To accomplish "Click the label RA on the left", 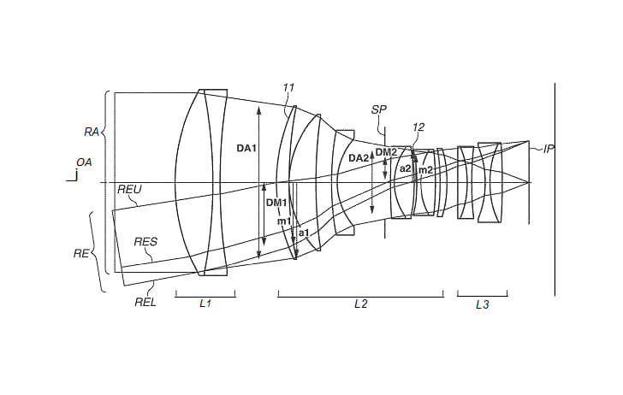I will click(x=91, y=132).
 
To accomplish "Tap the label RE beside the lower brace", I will click(x=81, y=253).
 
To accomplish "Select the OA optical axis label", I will click(x=84, y=162).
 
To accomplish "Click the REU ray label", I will click(x=130, y=191).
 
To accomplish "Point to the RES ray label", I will click(x=145, y=242).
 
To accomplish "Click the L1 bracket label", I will click(x=205, y=305).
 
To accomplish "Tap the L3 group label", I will click(x=482, y=305).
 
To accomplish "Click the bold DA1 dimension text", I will click(x=246, y=149).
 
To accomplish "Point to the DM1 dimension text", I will click(x=276, y=203).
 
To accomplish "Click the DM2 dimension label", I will click(x=387, y=152).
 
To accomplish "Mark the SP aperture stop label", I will click(x=378, y=109).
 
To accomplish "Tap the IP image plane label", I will click(x=549, y=149).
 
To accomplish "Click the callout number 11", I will click(x=288, y=86).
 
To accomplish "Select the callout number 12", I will click(x=418, y=127).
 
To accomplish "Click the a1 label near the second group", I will click(x=303, y=232).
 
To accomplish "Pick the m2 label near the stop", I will click(x=424, y=170).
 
